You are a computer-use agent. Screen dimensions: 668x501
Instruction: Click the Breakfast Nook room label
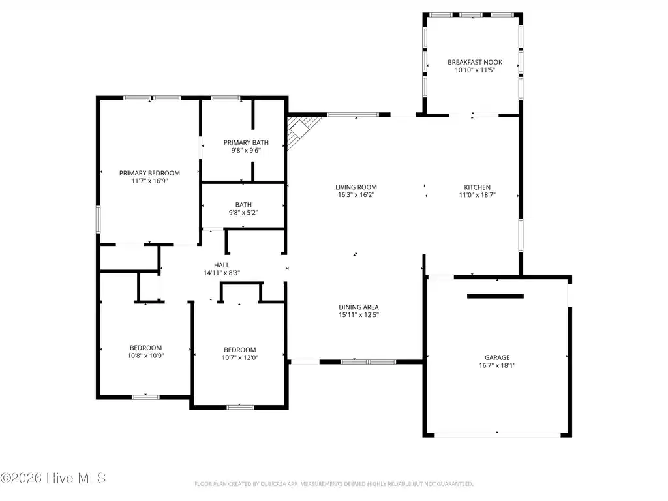475,62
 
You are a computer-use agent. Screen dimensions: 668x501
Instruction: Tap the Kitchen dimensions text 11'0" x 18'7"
477,195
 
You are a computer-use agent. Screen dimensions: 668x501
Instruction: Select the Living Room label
356,187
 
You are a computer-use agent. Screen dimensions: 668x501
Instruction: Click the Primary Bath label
246,143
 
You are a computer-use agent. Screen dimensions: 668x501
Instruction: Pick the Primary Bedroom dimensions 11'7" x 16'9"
149,181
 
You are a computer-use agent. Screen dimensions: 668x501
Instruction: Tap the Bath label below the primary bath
243,205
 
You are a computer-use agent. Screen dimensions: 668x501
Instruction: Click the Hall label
222,265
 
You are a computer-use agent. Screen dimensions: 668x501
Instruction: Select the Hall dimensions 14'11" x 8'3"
222,273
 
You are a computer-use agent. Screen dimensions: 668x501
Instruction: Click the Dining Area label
358,307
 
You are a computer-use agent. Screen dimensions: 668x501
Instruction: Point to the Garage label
496,358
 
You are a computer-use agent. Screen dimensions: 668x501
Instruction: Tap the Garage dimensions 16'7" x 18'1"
496,365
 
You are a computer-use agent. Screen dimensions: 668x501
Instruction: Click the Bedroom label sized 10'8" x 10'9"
145,348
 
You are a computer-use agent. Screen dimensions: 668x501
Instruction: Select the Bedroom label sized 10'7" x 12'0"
240,350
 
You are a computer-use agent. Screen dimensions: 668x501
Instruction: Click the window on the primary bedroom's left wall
98,219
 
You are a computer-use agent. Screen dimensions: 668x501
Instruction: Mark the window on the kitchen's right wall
521,235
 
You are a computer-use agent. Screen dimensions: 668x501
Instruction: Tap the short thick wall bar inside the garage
495,296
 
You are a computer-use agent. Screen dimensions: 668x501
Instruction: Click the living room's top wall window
353,115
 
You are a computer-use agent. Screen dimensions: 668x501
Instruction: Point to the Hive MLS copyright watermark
53,478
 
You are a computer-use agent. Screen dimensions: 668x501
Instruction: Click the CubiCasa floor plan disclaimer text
333,484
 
